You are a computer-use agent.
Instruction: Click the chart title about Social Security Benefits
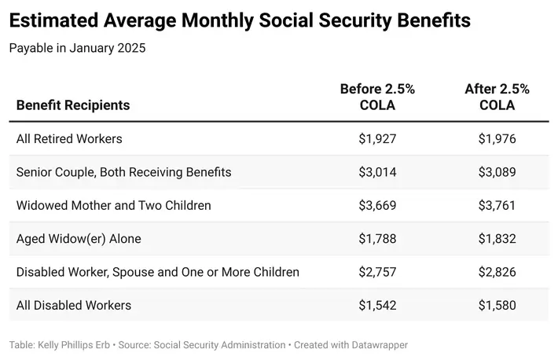point(240,20)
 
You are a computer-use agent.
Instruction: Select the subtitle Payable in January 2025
point(77,48)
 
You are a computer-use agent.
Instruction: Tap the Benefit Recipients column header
point(73,105)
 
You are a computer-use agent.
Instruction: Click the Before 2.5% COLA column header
point(377,97)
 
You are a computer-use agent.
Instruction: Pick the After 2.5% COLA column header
point(497,97)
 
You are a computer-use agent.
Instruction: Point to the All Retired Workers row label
point(69,138)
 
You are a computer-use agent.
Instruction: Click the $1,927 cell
point(377,138)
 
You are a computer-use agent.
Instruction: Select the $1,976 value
point(497,138)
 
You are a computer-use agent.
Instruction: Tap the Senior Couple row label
point(123,171)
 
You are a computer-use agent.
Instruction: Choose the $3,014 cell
point(377,171)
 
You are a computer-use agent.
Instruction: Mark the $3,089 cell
point(497,171)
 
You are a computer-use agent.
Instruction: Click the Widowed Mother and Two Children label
point(114,205)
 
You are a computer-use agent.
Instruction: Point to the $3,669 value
point(377,205)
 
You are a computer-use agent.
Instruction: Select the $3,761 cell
point(497,205)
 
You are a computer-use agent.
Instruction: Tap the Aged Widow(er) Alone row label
point(79,238)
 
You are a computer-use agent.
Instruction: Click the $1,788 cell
point(377,238)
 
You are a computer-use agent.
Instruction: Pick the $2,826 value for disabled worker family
point(497,272)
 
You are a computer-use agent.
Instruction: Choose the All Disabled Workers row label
point(74,305)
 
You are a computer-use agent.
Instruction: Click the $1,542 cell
point(377,305)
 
